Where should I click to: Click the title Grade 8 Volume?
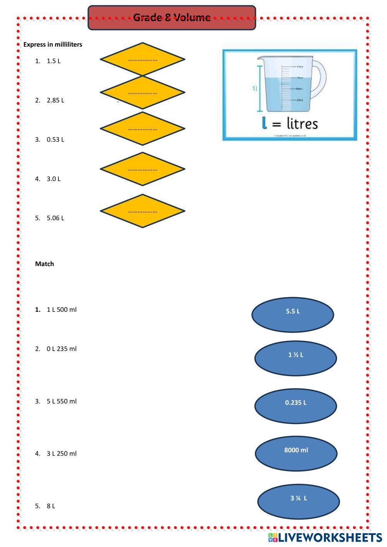pos(172,17)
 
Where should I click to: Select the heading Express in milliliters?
pos(53,44)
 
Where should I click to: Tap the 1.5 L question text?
pos(53,61)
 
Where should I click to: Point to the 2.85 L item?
pos(55,100)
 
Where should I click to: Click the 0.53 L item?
pos(55,140)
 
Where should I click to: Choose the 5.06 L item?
pos(55,218)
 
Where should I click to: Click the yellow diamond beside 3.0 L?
pos(142,169)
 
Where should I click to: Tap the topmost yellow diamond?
pos(142,59)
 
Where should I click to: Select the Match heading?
pos(45,264)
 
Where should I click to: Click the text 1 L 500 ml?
pos(62,309)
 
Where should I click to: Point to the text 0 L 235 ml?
pos(62,349)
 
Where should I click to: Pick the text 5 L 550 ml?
pos(62,402)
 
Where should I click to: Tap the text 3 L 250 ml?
pos(62,454)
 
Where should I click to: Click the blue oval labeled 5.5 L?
pos(293,315)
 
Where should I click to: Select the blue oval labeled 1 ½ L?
pos(296,358)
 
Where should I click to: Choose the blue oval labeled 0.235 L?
pos(296,406)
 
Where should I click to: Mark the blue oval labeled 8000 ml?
pos(296,453)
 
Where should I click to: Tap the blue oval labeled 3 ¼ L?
pos(298,502)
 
